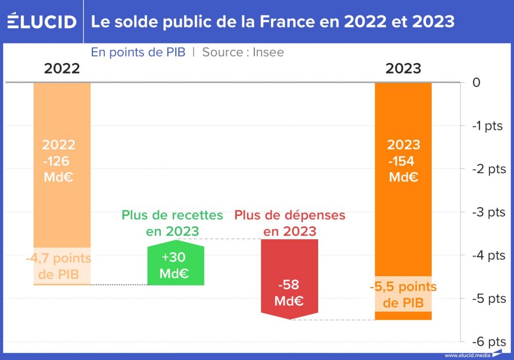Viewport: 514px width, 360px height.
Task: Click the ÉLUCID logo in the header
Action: tap(42, 22)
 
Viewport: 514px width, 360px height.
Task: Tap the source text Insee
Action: tap(268, 52)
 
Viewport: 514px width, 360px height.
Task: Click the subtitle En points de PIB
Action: tap(138, 52)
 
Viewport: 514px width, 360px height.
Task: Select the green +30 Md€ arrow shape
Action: tap(175, 265)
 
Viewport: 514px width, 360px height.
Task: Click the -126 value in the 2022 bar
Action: tap(57, 161)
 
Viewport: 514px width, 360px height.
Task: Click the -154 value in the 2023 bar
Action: tap(402, 161)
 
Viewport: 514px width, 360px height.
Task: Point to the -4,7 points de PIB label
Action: tap(59, 266)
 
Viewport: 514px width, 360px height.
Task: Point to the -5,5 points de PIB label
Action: tap(403, 294)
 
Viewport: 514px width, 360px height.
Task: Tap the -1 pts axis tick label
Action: tap(488, 125)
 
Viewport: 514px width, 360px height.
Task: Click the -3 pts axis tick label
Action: tap(488, 212)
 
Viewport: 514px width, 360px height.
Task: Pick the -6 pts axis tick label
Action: tap(488, 341)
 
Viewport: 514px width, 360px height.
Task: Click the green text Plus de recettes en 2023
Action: tap(172, 223)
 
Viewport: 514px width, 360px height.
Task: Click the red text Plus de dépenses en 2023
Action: tap(289, 223)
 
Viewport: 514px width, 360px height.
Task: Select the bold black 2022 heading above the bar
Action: tap(62, 68)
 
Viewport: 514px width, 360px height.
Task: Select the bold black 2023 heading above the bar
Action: tap(403, 68)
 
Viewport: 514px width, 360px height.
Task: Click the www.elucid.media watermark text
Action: tap(467, 355)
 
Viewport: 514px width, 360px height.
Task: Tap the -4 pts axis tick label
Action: tap(488, 255)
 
